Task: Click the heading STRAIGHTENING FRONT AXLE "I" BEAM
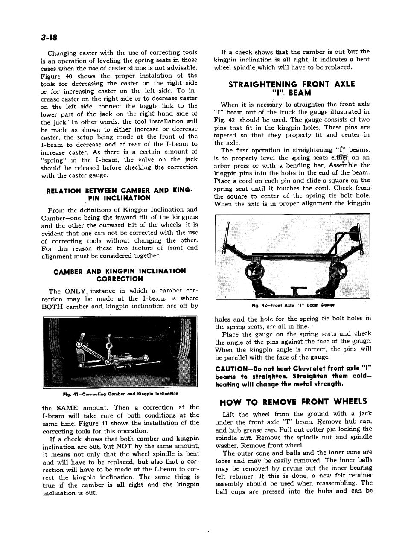pos(292,88)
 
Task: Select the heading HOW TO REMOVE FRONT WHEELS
pos(293,401)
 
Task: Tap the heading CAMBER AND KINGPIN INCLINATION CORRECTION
pos(120,275)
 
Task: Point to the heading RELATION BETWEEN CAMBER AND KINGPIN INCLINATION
pos(120,194)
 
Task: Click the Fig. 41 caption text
pos(120,393)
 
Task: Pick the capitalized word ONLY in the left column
pos(76,291)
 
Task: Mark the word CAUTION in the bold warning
pos(232,368)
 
